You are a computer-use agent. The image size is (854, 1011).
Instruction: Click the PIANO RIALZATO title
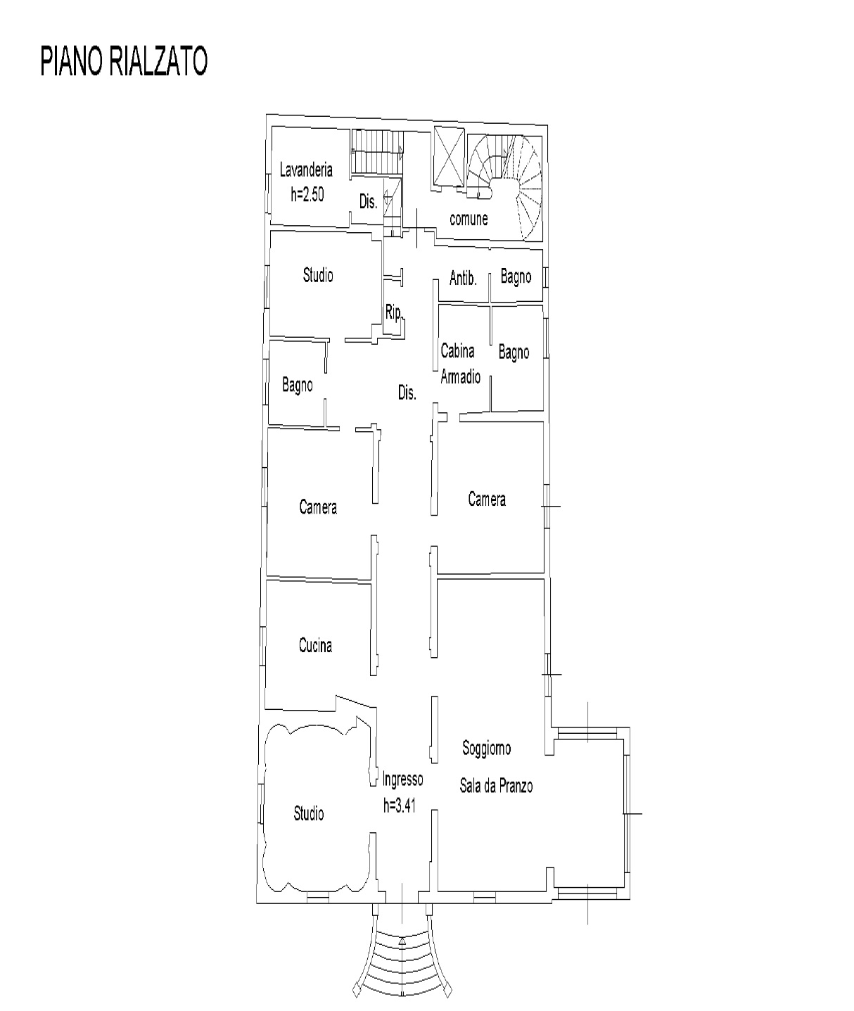(124, 61)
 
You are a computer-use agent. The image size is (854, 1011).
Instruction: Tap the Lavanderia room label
(306, 170)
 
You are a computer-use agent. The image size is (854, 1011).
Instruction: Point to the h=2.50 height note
(307, 195)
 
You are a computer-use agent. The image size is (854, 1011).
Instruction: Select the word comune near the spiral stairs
(469, 220)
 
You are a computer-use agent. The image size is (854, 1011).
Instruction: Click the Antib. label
(463, 278)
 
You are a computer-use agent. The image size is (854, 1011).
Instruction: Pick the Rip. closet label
(394, 313)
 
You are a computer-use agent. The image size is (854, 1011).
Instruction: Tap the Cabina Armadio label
(460, 364)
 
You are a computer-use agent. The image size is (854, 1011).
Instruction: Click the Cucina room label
(315, 645)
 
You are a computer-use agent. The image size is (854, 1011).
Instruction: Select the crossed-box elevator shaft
(449, 156)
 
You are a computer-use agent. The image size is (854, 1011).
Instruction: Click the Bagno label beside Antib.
(516, 277)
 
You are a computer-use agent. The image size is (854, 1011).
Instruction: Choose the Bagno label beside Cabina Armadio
(514, 352)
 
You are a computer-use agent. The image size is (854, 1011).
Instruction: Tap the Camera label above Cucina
(318, 507)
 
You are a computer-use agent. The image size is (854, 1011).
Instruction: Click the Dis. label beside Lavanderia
(368, 201)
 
